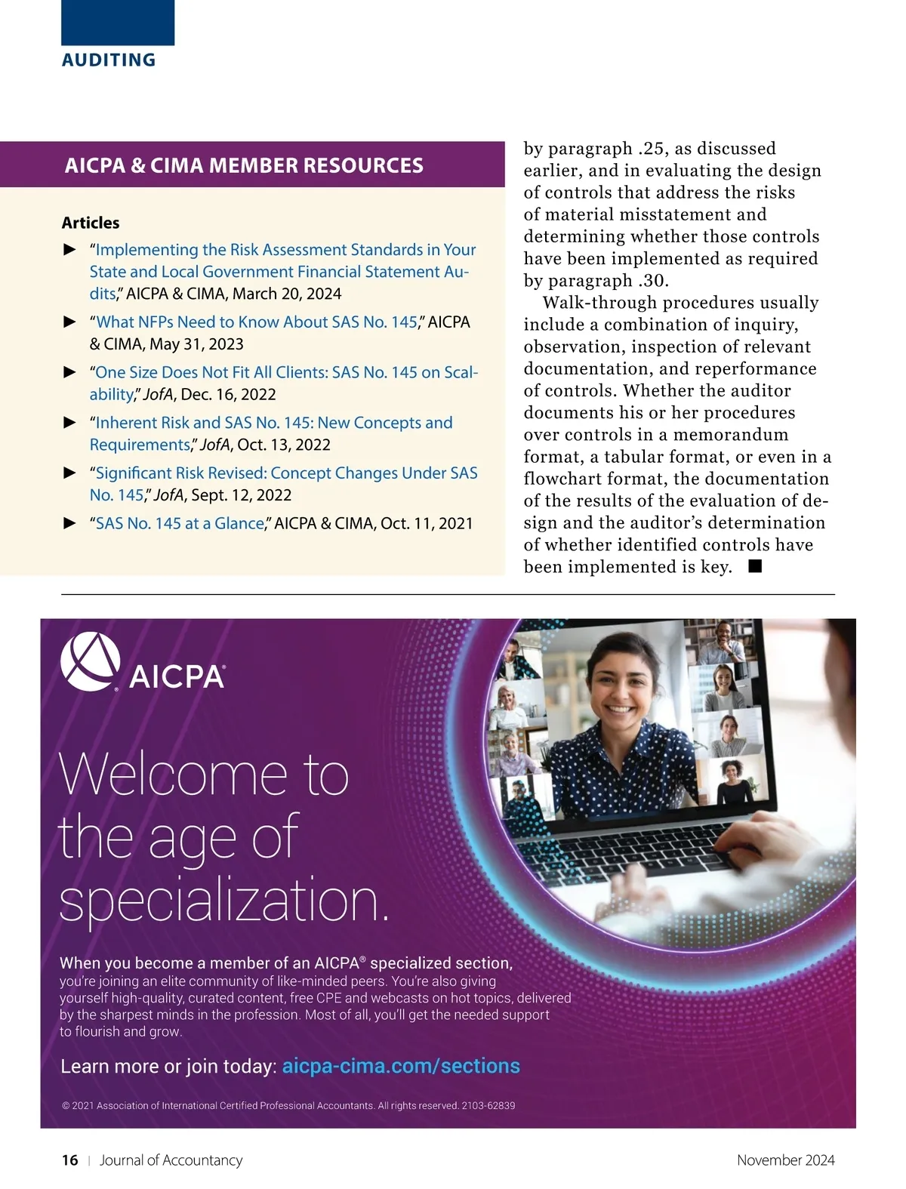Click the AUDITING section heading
point(109,60)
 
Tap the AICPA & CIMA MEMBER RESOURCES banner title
point(244,165)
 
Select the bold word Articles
point(91,223)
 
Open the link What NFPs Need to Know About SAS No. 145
point(257,322)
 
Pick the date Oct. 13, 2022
point(284,445)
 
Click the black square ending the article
point(755,565)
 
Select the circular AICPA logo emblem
point(90,661)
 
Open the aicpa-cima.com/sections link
point(401,1066)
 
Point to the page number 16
point(69,1160)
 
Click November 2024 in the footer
point(785,1160)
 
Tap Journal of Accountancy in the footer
point(171,1160)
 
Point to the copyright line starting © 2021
point(288,1105)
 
